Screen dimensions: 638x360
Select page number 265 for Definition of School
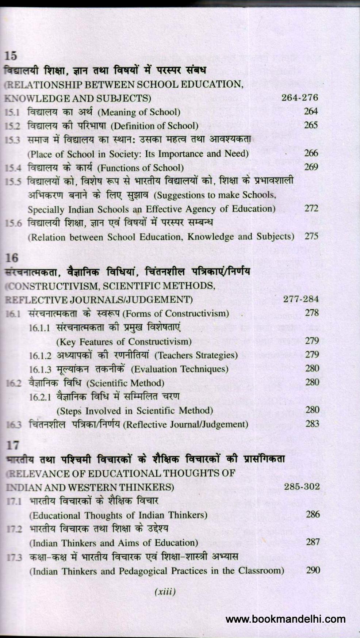pyautogui.click(x=311, y=125)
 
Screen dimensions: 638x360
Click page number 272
pyautogui.click(x=311, y=208)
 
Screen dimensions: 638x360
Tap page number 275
pyautogui.click(x=311, y=236)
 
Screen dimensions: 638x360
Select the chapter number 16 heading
pyautogui.click(x=12, y=258)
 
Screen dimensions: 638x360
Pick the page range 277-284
pyautogui.click(x=301, y=299)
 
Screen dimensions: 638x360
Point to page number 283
pyautogui.click(x=312, y=424)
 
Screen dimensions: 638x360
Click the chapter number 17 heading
pyautogui.click(x=12, y=445)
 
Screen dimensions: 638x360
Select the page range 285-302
pyautogui.click(x=302, y=486)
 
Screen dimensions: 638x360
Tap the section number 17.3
pyautogui.click(x=15, y=557)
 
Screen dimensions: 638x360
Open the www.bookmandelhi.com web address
pyautogui.click(x=285, y=619)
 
